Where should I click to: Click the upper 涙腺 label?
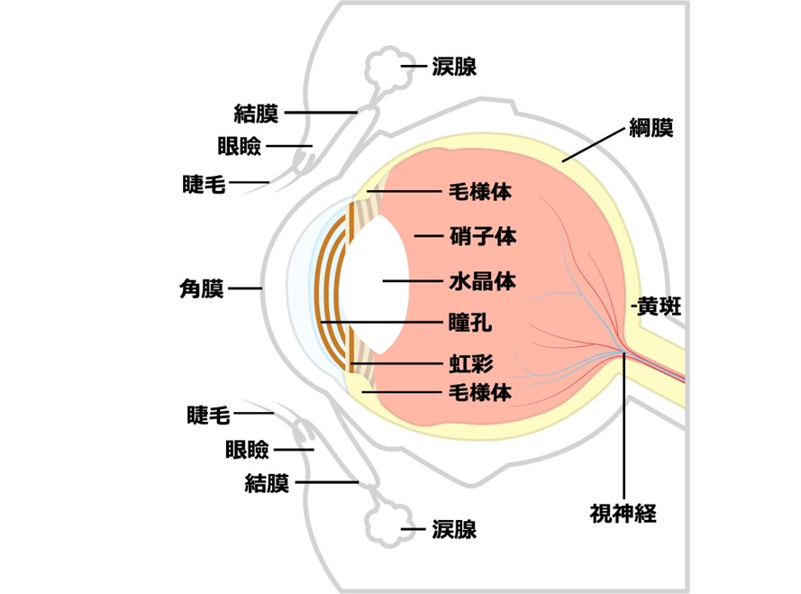tap(454, 67)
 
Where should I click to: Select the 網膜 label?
tap(651, 129)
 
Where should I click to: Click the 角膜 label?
tap(202, 289)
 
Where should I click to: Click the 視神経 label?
tap(623, 515)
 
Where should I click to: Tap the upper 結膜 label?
tap(256, 114)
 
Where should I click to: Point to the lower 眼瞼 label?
tap(247, 449)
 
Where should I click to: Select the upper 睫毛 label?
tap(204, 184)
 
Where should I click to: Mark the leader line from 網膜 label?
tap(594, 145)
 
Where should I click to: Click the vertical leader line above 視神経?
tap(624, 424)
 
